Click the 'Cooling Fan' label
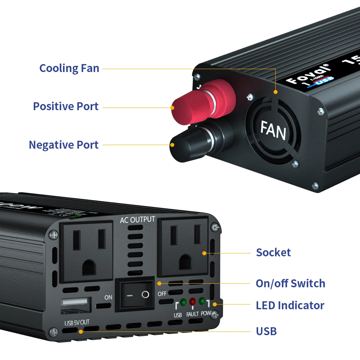click(x=69, y=68)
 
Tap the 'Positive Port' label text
click(x=66, y=106)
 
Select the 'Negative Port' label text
click(x=63, y=145)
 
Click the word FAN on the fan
click(x=273, y=130)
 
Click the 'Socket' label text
click(x=273, y=252)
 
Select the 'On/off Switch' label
click(x=290, y=283)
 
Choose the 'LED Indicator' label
click(x=290, y=305)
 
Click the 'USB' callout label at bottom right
click(x=266, y=331)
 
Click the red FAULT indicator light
click(x=193, y=302)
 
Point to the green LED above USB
click(x=183, y=302)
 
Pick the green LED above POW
click(x=202, y=301)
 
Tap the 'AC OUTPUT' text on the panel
click(x=138, y=220)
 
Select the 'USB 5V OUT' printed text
click(x=76, y=322)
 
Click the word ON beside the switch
click(x=108, y=297)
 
